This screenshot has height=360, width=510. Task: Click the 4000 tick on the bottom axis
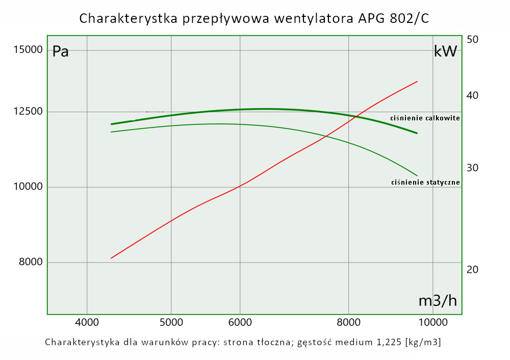click(x=87, y=322)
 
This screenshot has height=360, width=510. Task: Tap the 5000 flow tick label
click(x=171, y=322)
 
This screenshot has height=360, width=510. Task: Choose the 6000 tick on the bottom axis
click(x=240, y=322)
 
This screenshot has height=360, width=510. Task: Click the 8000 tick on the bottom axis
click(x=349, y=322)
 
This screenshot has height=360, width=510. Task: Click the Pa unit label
click(x=61, y=52)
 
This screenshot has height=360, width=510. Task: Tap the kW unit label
click(x=445, y=52)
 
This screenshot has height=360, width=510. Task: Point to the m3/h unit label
click(x=438, y=301)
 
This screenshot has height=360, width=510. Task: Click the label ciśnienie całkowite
click(x=425, y=118)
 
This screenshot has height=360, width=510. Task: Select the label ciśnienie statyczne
click(x=425, y=182)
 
